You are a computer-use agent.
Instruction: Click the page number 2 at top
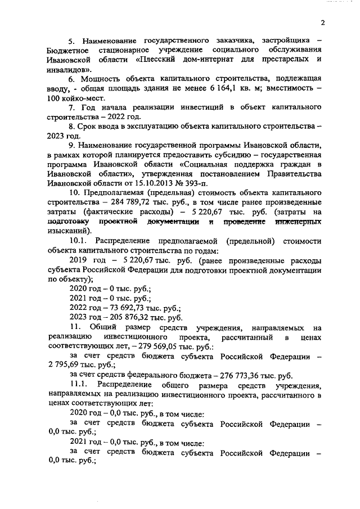(323, 23)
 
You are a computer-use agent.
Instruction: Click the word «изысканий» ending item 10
(68, 231)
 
